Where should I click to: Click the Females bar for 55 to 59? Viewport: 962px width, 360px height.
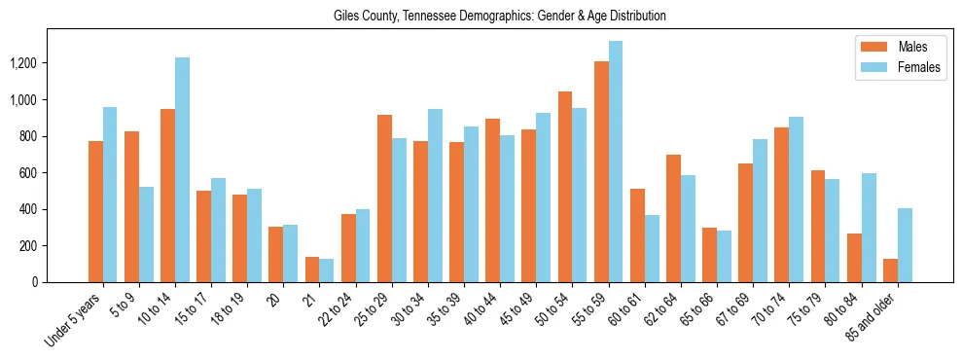pyautogui.click(x=616, y=162)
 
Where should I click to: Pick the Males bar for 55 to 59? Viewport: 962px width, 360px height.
pyautogui.click(x=601, y=172)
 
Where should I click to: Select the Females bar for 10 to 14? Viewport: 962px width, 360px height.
pyautogui.click(x=182, y=170)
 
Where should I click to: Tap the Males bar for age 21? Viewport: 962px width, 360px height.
pyautogui.click(x=312, y=270)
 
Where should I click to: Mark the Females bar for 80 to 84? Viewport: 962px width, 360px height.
pyautogui.click(x=869, y=228)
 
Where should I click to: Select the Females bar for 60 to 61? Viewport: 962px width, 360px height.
pyautogui.click(x=653, y=248)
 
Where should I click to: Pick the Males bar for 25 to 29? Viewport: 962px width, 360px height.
pyautogui.click(x=385, y=198)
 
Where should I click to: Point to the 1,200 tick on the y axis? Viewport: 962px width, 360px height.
pyautogui.click(x=50, y=63)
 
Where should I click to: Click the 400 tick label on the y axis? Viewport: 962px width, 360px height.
pyautogui.click(x=55, y=209)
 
